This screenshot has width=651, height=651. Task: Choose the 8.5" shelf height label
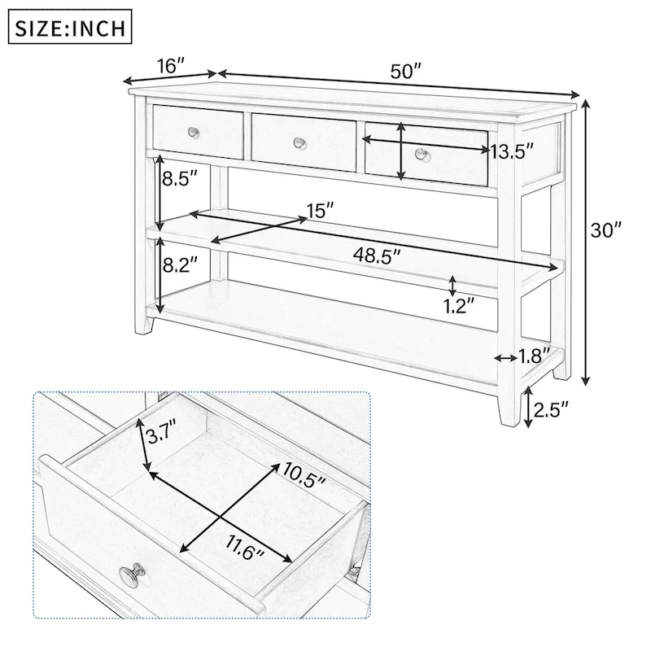(178, 179)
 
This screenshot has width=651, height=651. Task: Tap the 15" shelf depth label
(320, 211)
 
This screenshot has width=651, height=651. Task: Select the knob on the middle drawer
(299, 143)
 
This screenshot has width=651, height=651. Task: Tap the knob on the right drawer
(421, 154)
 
